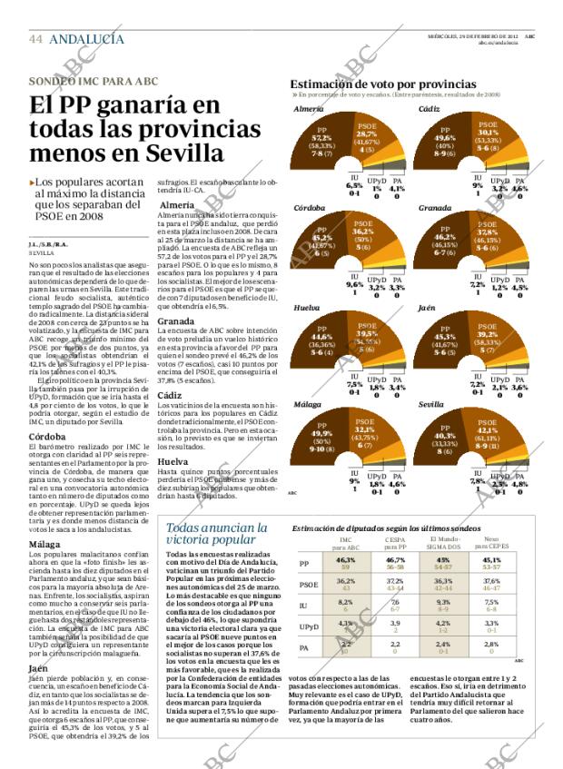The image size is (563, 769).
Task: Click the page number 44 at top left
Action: coord(35,39)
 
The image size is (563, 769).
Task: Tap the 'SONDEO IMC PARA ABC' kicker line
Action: coord(93,81)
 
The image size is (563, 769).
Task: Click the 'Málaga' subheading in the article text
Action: coord(46,545)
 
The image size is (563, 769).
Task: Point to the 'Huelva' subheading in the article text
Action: coord(173,461)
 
